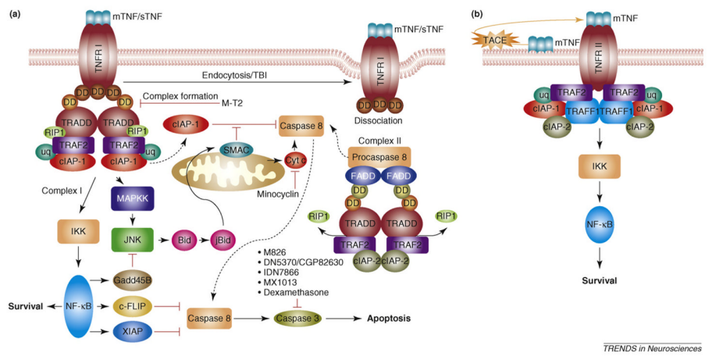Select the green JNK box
tap(133, 241)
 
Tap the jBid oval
tap(223, 241)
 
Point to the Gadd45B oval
tap(132, 280)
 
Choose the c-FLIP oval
tap(132, 306)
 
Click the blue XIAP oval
tap(132, 333)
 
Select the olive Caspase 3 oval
tap(298, 319)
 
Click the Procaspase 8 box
tap(379, 157)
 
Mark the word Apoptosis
tap(389, 319)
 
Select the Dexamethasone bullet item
tap(296, 292)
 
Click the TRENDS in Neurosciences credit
tap(652, 348)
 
